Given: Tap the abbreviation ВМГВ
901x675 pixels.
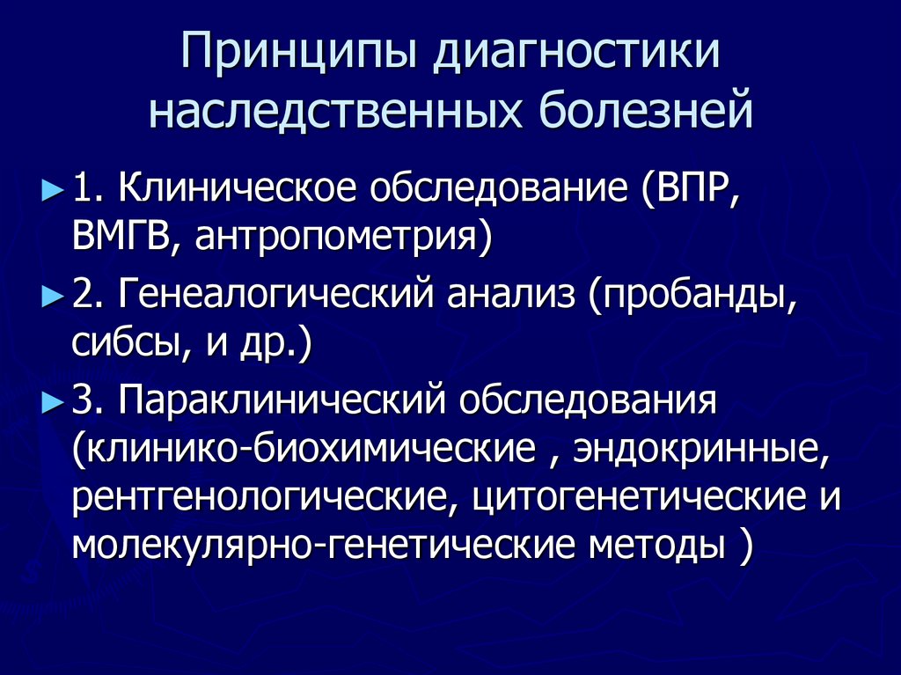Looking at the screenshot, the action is (x=120, y=237).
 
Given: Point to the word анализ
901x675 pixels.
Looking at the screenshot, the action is (x=510, y=297).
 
